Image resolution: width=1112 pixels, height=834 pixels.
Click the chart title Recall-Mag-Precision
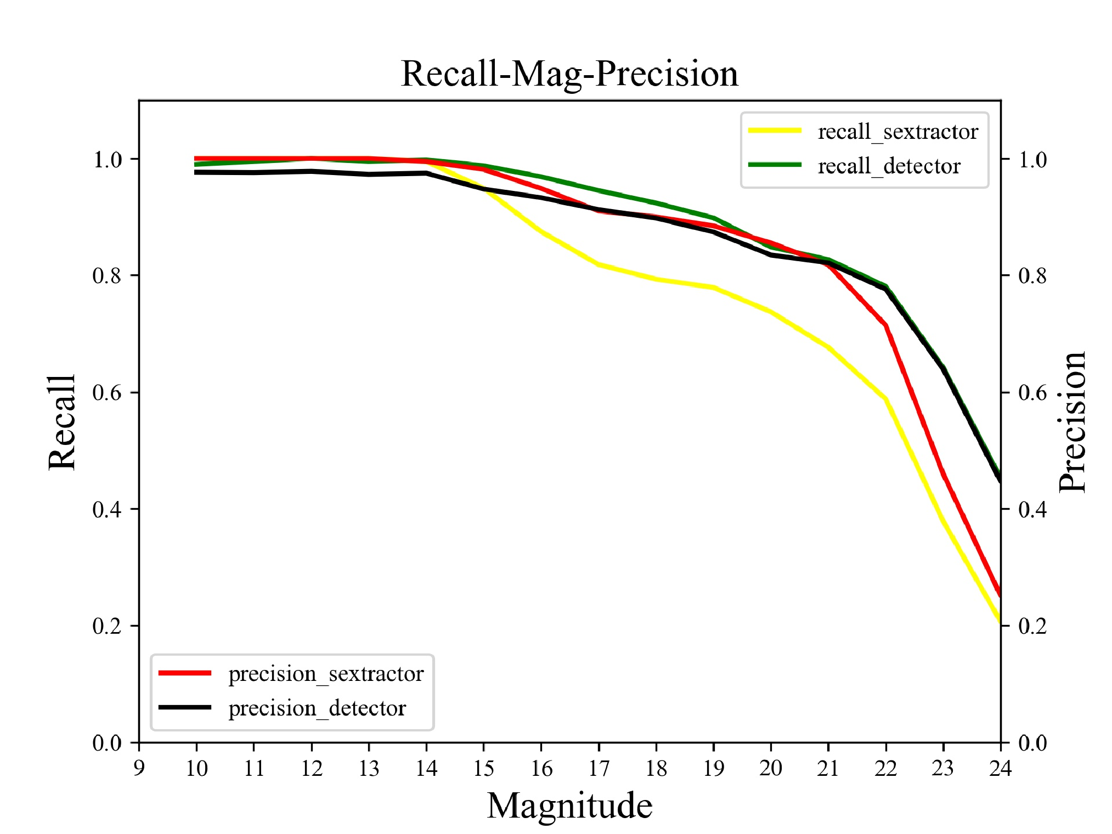569,74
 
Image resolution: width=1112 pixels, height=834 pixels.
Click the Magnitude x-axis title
569,805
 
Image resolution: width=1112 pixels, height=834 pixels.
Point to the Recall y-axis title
61,422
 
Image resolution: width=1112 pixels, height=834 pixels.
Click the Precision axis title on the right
1072,421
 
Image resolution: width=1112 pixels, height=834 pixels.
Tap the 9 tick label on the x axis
139,768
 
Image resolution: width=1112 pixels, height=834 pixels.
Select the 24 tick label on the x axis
1000,768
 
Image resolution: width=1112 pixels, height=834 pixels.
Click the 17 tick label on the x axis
599,768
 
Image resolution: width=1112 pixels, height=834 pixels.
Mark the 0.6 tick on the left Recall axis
107,392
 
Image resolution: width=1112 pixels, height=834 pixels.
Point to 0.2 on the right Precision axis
1032,625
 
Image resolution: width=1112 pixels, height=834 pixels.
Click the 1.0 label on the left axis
107,160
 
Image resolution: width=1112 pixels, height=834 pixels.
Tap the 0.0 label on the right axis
1032,743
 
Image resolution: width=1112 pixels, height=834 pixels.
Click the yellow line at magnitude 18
656,279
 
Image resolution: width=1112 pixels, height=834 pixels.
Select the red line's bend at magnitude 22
885,325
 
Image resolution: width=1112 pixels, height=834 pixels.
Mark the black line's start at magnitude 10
196,172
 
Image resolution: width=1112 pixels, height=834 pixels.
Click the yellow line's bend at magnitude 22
885,399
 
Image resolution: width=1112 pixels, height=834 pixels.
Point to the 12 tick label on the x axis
312,768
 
